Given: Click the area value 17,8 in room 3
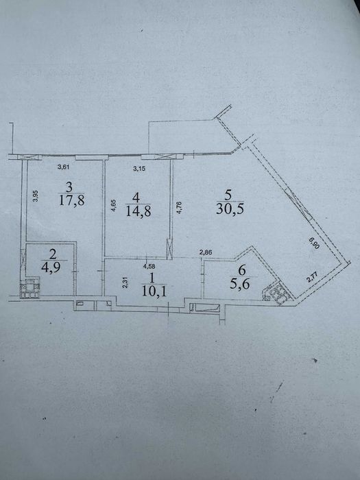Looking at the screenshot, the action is tap(72, 200).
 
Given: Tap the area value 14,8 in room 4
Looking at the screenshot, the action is tap(139, 211).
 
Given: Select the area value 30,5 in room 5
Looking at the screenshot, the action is tap(230, 208).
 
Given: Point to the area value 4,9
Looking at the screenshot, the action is tap(51, 267).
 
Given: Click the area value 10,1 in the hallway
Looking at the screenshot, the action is tap(154, 291).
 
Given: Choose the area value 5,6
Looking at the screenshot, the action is tap(240, 284).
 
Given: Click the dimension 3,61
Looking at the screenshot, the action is tap(64, 167).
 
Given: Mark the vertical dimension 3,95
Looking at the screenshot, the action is tap(36, 196).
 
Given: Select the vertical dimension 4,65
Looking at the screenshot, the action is tap(113, 206).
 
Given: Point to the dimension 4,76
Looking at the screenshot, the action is tap(180, 206).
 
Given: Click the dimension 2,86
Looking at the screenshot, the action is tap(206, 252).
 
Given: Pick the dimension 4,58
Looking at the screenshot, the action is tap(149, 266).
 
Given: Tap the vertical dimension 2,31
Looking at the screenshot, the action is tap(125, 283).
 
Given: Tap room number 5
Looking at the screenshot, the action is tap(228, 195).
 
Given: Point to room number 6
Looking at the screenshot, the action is tap(242, 270).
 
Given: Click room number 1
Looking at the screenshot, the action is tap(154, 278).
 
